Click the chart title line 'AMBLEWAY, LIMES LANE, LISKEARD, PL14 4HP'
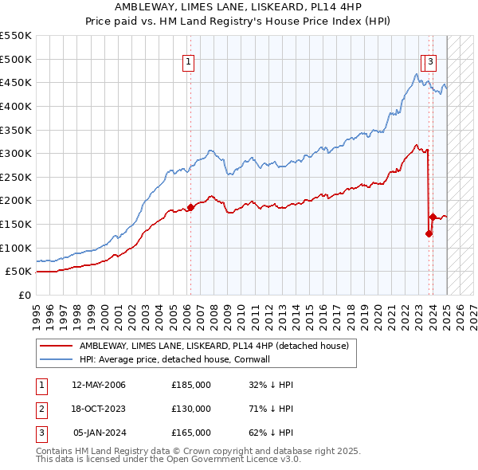[239, 6]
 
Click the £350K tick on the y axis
[16, 130]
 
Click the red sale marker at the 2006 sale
[190, 207]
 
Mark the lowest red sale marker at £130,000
[429, 233]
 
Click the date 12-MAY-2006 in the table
[99, 385]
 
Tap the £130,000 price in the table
[191, 409]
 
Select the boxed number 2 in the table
[41, 409]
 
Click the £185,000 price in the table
[191, 385]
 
